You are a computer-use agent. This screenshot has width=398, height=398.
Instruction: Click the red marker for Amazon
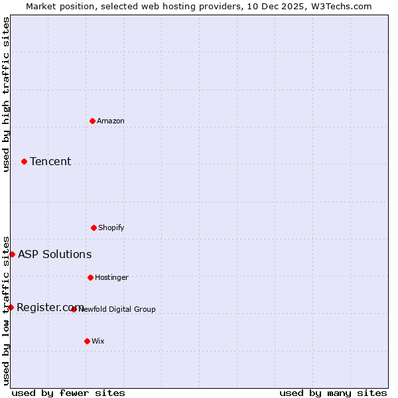point(92,121)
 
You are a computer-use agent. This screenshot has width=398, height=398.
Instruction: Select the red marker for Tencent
point(24,161)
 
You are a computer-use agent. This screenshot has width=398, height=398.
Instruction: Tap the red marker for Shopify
point(94,228)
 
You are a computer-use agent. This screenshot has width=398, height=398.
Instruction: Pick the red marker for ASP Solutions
point(12,254)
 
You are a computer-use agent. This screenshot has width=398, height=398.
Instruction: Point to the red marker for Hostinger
point(90,277)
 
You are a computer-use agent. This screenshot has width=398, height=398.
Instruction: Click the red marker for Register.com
point(11,307)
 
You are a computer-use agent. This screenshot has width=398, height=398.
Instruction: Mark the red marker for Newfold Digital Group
point(74,309)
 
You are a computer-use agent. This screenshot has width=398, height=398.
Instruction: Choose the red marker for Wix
point(87,341)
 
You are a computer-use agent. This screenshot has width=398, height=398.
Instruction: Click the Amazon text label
point(111,121)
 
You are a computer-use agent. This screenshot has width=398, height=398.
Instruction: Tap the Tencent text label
point(50,161)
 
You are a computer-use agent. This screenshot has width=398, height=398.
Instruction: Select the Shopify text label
point(111,228)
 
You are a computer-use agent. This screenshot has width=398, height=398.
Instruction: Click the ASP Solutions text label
point(54,254)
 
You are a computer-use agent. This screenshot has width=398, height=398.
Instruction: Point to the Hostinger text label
point(111,277)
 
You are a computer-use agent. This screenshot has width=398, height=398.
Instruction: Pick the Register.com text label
point(49,307)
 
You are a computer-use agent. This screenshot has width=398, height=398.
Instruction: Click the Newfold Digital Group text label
point(117,309)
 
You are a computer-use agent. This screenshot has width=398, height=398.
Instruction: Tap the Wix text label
point(98,341)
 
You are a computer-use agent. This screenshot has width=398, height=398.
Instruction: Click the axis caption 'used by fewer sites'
point(68,393)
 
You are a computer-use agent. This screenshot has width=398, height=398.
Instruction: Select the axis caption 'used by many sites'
point(333,393)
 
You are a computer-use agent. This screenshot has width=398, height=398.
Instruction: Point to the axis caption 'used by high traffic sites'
point(6,94)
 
